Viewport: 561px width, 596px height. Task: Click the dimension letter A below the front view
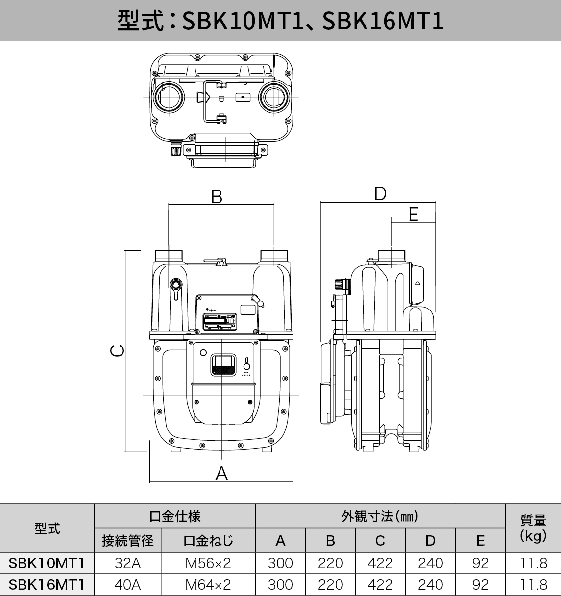221,473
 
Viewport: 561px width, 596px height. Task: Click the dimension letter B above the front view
217,196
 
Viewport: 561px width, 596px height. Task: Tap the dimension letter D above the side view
380,194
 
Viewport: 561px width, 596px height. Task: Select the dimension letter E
414,214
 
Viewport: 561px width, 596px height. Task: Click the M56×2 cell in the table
208,563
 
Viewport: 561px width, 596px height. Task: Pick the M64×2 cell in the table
208,585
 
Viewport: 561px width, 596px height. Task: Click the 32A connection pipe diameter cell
127,563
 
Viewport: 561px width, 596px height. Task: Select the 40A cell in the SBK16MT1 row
127,585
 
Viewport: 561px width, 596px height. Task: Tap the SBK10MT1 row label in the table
47,563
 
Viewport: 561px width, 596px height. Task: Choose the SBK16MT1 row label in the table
47,585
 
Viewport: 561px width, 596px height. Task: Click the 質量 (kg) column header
533,528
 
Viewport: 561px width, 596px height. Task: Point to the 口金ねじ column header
208,541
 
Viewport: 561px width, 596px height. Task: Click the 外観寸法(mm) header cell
380,516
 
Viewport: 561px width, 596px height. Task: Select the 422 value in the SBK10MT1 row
380,563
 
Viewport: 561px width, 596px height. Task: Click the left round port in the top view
168,97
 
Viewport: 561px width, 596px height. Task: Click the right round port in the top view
272,97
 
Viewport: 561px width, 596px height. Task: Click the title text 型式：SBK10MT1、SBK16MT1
280,21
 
